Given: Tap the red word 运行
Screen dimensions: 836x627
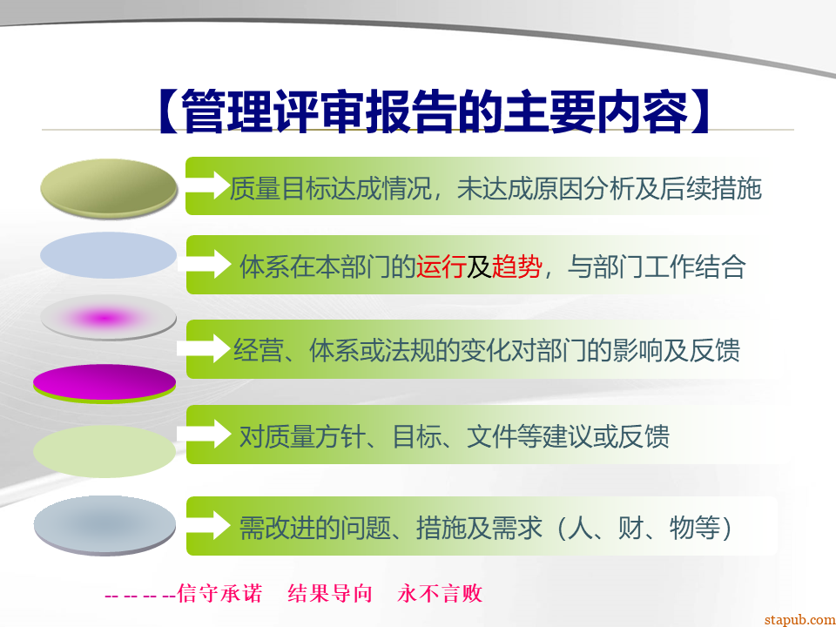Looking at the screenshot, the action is (x=441, y=266).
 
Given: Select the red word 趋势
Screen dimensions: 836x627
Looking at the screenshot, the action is (x=516, y=266).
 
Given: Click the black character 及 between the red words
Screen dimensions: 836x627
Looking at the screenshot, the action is (x=479, y=266).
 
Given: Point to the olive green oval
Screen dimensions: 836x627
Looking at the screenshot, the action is (x=109, y=188).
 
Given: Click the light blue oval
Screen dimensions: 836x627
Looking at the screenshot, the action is (x=108, y=255).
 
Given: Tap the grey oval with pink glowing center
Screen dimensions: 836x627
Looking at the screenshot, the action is (x=108, y=319).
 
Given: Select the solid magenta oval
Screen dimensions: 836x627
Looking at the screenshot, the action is (x=104, y=384).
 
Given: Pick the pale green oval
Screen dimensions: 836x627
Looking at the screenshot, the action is (x=104, y=451).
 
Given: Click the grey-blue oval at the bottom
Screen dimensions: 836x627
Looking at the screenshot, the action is (x=104, y=525).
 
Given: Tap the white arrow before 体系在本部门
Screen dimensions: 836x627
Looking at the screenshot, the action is (x=205, y=263).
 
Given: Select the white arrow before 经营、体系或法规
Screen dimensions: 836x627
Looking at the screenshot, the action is (x=204, y=348).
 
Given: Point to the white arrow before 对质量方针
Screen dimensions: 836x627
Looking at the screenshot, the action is (x=204, y=434).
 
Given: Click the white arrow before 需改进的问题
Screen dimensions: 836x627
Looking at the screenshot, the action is (x=208, y=524).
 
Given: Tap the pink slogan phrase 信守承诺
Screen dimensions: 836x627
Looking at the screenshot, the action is (x=219, y=593).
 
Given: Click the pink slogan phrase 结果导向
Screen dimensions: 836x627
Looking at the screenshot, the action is (x=330, y=593).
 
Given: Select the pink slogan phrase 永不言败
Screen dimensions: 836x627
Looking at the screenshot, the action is (x=440, y=593).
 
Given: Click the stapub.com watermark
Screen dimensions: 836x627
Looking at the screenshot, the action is (x=799, y=619).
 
